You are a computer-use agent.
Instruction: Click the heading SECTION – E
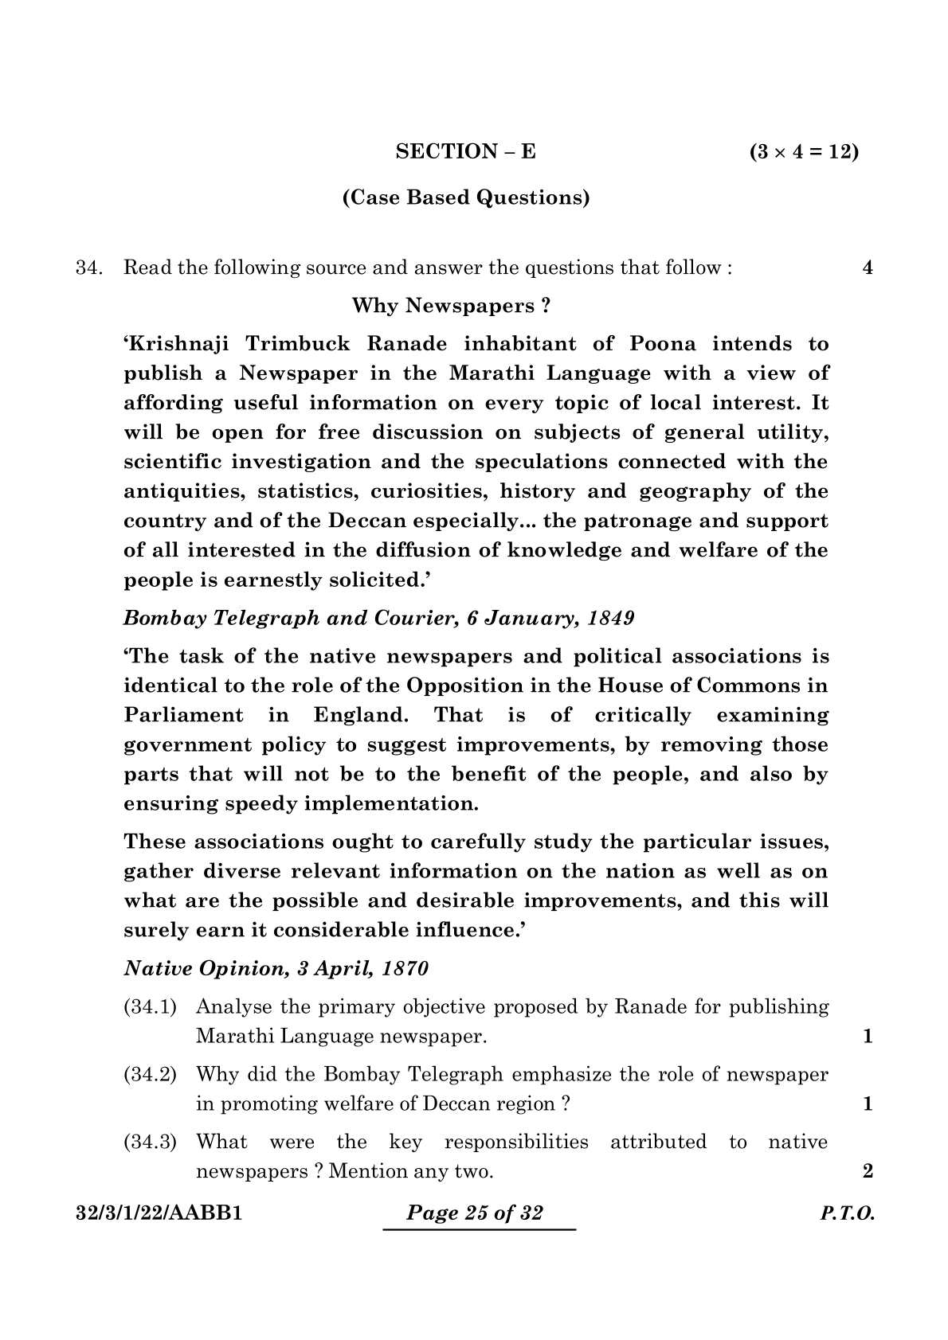click(465, 151)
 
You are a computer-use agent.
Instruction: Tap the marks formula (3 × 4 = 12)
click(804, 151)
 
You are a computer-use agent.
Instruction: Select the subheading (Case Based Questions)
click(466, 197)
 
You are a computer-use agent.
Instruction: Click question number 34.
click(87, 268)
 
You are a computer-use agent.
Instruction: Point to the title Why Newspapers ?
click(451, 306)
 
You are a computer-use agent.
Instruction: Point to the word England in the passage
click(360, 715)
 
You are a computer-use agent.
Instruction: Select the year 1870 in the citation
click(405, 969)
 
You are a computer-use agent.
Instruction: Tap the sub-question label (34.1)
click(150, 1007)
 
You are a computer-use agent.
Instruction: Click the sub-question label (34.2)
click(150, 1075)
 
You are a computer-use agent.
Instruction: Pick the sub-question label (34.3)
click(150, 1143)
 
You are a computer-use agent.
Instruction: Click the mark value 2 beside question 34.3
click(868, 1171)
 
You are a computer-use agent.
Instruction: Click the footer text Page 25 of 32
click(475, 1213)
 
